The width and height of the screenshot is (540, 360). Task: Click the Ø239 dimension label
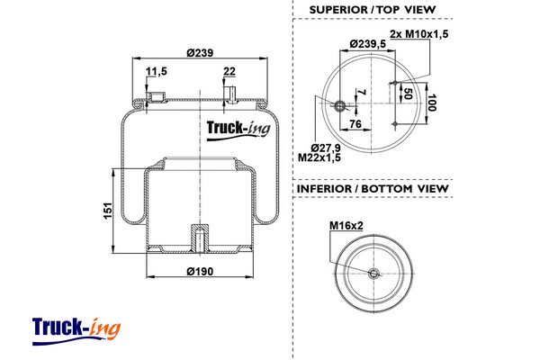coord(200,53)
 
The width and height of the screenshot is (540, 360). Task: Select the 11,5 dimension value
coord(157,71)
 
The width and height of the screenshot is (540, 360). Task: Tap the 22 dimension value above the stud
coord(229,71)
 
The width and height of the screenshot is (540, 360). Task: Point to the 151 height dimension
coord(108,211)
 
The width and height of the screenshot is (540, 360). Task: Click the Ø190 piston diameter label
coord(200,272)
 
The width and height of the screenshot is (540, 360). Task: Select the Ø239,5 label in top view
coord(368,44)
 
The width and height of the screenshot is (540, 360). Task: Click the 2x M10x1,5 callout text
coord(419,34)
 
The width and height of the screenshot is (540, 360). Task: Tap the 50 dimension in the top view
coord(408,93)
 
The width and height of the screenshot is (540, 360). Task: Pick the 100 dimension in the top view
coord(432,103)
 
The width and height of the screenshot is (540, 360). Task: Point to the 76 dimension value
coord(355,123)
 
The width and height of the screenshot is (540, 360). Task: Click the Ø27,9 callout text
coord(326,148)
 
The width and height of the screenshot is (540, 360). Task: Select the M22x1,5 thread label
coord(319,157)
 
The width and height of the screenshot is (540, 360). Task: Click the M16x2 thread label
coord(346,226)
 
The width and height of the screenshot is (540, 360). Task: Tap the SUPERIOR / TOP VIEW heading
coord(373,10)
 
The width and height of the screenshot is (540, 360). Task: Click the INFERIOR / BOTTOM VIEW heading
coord(373,189)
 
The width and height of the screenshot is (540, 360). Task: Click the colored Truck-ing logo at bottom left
coord(76,330)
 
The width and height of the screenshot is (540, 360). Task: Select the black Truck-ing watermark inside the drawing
coord(238,130)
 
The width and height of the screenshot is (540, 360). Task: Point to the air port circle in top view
coord(340,106)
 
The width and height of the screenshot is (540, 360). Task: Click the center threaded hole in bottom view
coord(373,274)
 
